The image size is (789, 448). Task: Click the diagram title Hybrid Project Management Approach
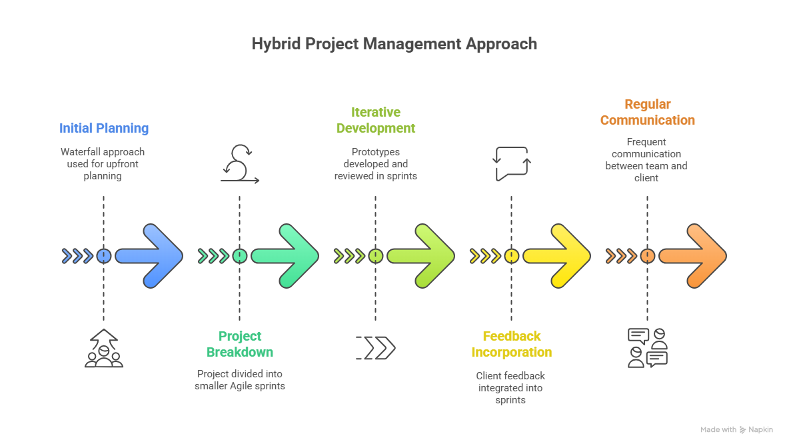point(394,44)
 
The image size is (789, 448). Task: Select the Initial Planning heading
point(104,128)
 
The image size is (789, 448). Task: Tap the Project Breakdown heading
point(240,344)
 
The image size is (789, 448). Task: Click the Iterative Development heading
point(376,120)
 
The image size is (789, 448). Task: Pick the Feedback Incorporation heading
point(512,344)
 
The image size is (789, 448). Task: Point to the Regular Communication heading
point(647,112)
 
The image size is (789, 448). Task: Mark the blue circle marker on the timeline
point(104,255)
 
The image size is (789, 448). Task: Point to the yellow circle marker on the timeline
point(512,255)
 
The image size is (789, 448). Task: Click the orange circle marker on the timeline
point(647,255)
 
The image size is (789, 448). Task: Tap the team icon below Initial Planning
point(104,348)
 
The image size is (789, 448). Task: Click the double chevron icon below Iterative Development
point(377,348)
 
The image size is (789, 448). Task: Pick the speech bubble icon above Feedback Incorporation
point(512,163)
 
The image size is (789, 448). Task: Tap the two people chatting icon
point(648,347)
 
